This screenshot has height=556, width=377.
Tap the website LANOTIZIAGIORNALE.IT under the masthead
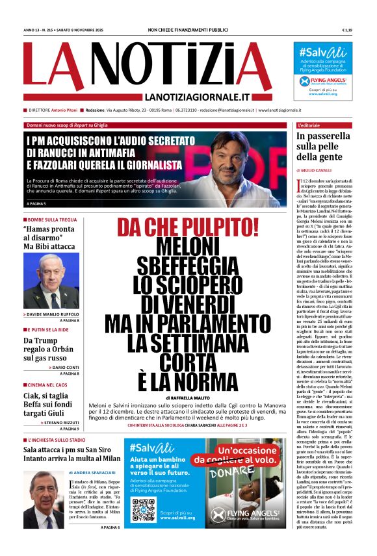[x=211, y=97]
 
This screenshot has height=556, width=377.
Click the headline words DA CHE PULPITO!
[x=188, y=227]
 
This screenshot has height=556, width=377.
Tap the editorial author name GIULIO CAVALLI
[x=321, y=170]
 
